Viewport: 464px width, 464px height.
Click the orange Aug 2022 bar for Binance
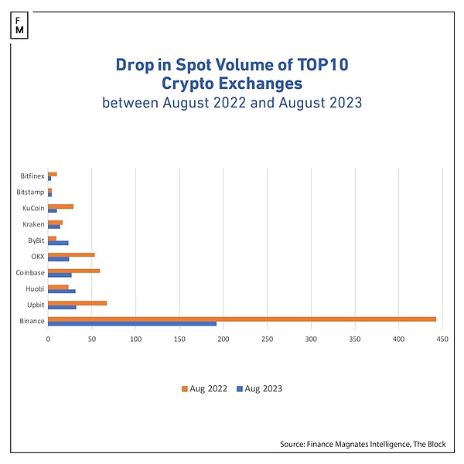pyautogui.click(x=241, y=319)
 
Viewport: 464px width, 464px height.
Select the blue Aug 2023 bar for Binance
pyautogui.click(x=131, y=323)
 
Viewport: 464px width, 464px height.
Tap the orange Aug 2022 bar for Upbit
pyautogui.click(x=77, y=302)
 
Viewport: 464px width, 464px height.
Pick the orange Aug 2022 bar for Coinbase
pyautogui.click(x=73, y=271)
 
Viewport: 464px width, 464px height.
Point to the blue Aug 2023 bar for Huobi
pyautogui.click(x=62, y=291)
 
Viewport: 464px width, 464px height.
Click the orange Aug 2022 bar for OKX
pyautogui.click(x=71, y=254)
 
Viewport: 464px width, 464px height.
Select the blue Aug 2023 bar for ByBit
pyautogui.click(x=58, y=243)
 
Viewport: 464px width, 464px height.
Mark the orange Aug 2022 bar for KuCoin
pyautogui.click(x=60, y=206)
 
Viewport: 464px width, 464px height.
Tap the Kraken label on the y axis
pyautogui.click(x=34, y=224)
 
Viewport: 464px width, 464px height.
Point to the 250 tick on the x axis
pyautogui.click(x=267, y=338)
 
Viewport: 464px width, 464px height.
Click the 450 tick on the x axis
pyautogui.click(x=442, y=338)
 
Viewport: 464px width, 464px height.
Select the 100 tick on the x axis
pyautogui.click(x=135, y=338)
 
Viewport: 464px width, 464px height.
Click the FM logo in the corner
pyautogui.click(x=19, y=24)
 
